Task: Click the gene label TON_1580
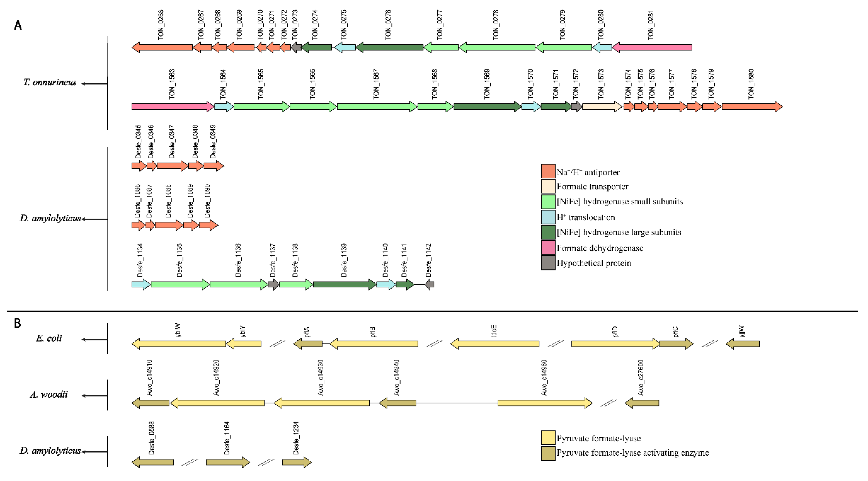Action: [751, 84]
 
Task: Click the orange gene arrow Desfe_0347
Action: [172, 166]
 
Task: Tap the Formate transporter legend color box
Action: [548, 186]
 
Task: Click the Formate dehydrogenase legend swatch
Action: [548, 247]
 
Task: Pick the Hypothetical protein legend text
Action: [594, 263]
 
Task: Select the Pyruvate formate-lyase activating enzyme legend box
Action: [548, 453]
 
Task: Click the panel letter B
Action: [18, 323]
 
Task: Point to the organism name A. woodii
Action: [49, 394]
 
